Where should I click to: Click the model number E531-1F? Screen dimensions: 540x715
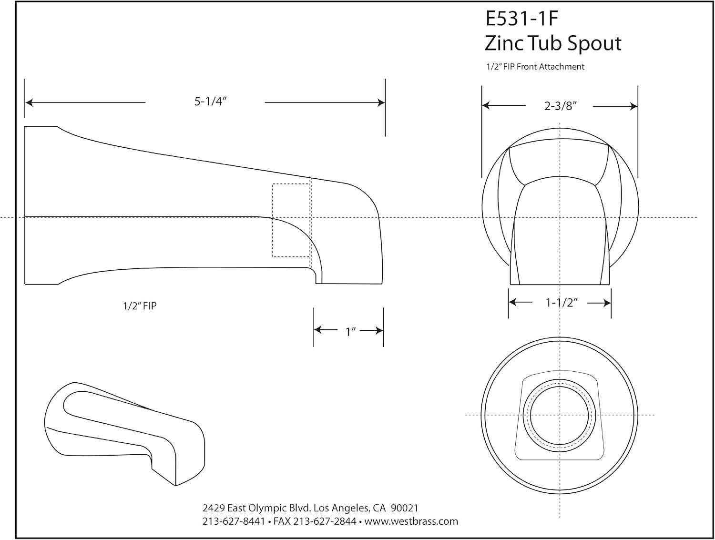click(x=521, y=19)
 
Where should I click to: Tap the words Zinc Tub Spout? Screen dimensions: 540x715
click(x=553, y=43)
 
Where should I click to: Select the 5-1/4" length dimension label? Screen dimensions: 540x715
click(x=209, y=102)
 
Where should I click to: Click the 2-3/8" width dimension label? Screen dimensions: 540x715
click(x=561, y=106)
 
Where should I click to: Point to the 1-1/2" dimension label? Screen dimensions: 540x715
click(x=562, y=303)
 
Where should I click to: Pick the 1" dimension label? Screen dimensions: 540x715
click(x=351, y=331)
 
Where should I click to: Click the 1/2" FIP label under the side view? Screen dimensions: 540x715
click(x=139, y=306)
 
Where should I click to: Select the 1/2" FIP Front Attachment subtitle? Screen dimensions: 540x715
click(x=535, y=67)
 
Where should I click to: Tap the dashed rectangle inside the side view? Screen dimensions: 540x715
click(x=291, y=220)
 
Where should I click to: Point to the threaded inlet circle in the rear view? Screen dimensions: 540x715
click(x=560, y=415)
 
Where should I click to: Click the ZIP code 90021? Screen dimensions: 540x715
click(x=405, y=508)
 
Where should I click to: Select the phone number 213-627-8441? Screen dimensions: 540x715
click(x=234, y=521)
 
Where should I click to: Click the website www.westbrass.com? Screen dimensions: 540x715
click(x=411, y=521)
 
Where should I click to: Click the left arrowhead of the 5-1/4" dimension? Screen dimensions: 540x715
click(x=29, y=102)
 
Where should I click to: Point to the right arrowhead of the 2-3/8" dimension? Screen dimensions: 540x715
click(x=633, y=106)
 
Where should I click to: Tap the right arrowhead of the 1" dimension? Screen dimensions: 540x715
click(x=379, y=330)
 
